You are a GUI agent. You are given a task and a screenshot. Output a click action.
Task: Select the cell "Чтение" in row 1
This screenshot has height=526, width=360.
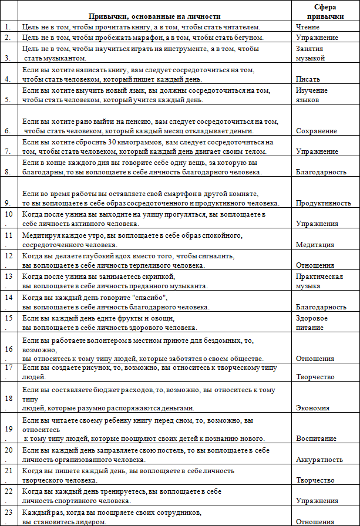(308, 27)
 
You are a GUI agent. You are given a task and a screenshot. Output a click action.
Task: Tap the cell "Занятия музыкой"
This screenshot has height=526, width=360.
(311, 53)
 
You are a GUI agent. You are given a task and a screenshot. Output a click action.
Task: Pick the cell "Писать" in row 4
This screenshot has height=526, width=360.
(307, 79)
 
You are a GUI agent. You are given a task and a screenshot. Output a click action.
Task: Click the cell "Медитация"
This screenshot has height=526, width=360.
(315, 245)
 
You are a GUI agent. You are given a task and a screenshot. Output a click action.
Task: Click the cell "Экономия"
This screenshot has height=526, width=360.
(313, 408)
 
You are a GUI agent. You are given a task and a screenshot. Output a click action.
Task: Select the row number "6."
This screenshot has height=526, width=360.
(8, 131)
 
